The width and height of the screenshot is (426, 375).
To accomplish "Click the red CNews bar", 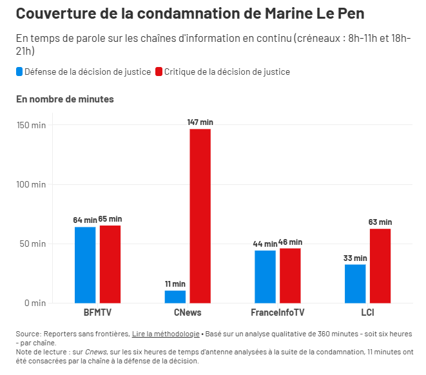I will [200, 216].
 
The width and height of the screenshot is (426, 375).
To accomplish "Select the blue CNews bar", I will [175, 296].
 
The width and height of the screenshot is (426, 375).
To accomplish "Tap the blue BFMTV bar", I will [85, 265].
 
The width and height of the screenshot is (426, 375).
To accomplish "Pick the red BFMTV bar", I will [110, 264].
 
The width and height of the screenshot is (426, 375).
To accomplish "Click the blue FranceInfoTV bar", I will [265, 276].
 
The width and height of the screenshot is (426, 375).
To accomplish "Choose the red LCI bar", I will [380, 265].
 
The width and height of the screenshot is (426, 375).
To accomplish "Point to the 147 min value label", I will [200, 122].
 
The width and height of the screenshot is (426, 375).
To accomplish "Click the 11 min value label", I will [175, 284].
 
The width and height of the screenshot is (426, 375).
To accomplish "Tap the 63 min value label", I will [380, 222].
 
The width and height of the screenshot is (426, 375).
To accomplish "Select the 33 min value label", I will [355, 258].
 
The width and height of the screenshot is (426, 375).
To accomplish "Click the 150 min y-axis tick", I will [30, 125].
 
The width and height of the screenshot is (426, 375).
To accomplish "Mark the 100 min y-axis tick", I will [30, 184].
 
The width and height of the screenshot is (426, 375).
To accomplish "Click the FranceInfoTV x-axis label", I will [277, 312].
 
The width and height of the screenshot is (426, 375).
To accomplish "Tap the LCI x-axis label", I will [367, 312].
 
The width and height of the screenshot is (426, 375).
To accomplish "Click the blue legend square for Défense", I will [19, 72].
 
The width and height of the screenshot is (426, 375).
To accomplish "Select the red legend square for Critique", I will [159, 72].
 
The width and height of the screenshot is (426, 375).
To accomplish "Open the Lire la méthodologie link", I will [166, 334].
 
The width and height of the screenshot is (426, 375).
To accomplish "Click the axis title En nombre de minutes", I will [64, 99].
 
